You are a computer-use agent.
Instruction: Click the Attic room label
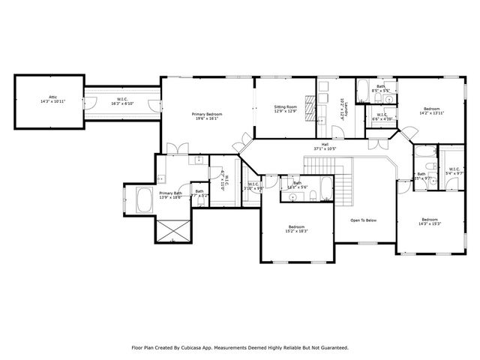pyautogui.click(x=52, y=99)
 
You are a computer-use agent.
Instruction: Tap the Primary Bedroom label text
pyautogui.click(x=208, y=115)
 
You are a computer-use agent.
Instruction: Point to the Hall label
pyautogui.click(x=325, y=146)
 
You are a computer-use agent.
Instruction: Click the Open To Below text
pyautogui.click(x=363, y=220)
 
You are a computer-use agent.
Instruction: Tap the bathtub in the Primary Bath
pyautogui.click(x=144, y=200)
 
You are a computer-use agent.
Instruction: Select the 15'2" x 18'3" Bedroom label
pyautogui.click(x=297, y=229)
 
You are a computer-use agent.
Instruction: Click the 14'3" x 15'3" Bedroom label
pyautogui.click(x=430, y=221)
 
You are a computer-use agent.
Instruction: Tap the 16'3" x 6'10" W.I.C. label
pyautogui.click(x=121, y=101)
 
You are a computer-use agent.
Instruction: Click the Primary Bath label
pyautogui.click(x=170, y=195)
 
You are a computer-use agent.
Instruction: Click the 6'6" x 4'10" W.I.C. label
pyautogui.click(x=380, y=117)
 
